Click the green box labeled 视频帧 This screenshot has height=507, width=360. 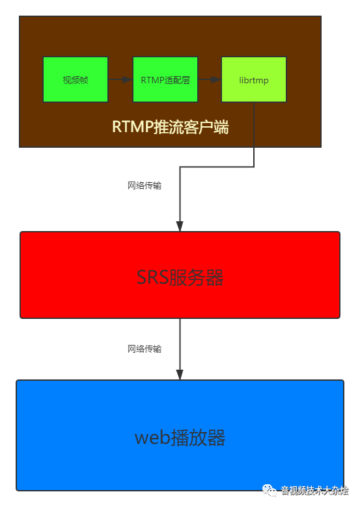coord(76,79)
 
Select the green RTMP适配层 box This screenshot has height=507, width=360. coord(165,79)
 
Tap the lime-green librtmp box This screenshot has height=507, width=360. coord(254,79)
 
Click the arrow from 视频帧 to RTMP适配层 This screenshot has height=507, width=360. coord(120,79)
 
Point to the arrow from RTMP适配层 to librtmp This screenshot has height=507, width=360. coord(209,79)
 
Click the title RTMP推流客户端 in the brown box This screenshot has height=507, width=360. coord(170,126)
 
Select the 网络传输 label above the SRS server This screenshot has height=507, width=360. coord(145,185)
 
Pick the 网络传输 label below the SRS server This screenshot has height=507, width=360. coord(145,349)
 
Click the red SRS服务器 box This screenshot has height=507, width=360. coord(180,275)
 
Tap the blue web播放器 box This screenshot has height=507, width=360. coord(180,435)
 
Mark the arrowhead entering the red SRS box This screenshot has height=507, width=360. coord(180,225)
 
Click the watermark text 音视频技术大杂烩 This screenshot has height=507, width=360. coord(314,490)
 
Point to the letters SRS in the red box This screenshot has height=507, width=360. coord(152,278)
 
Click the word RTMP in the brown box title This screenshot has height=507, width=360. coord(132,126)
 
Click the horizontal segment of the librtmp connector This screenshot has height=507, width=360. coord(217,167)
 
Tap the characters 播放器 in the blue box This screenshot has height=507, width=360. coord(198,438)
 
